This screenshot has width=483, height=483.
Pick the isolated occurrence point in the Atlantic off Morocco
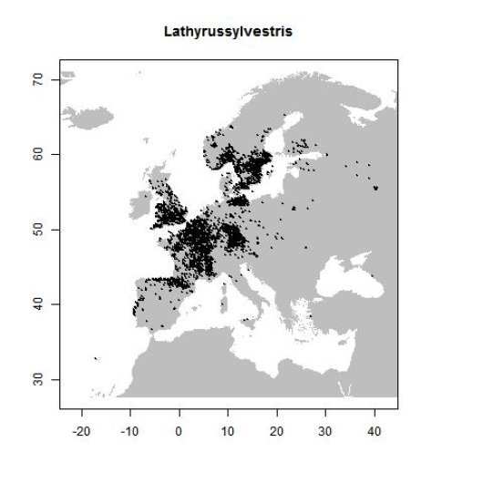(x=96, y=359)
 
